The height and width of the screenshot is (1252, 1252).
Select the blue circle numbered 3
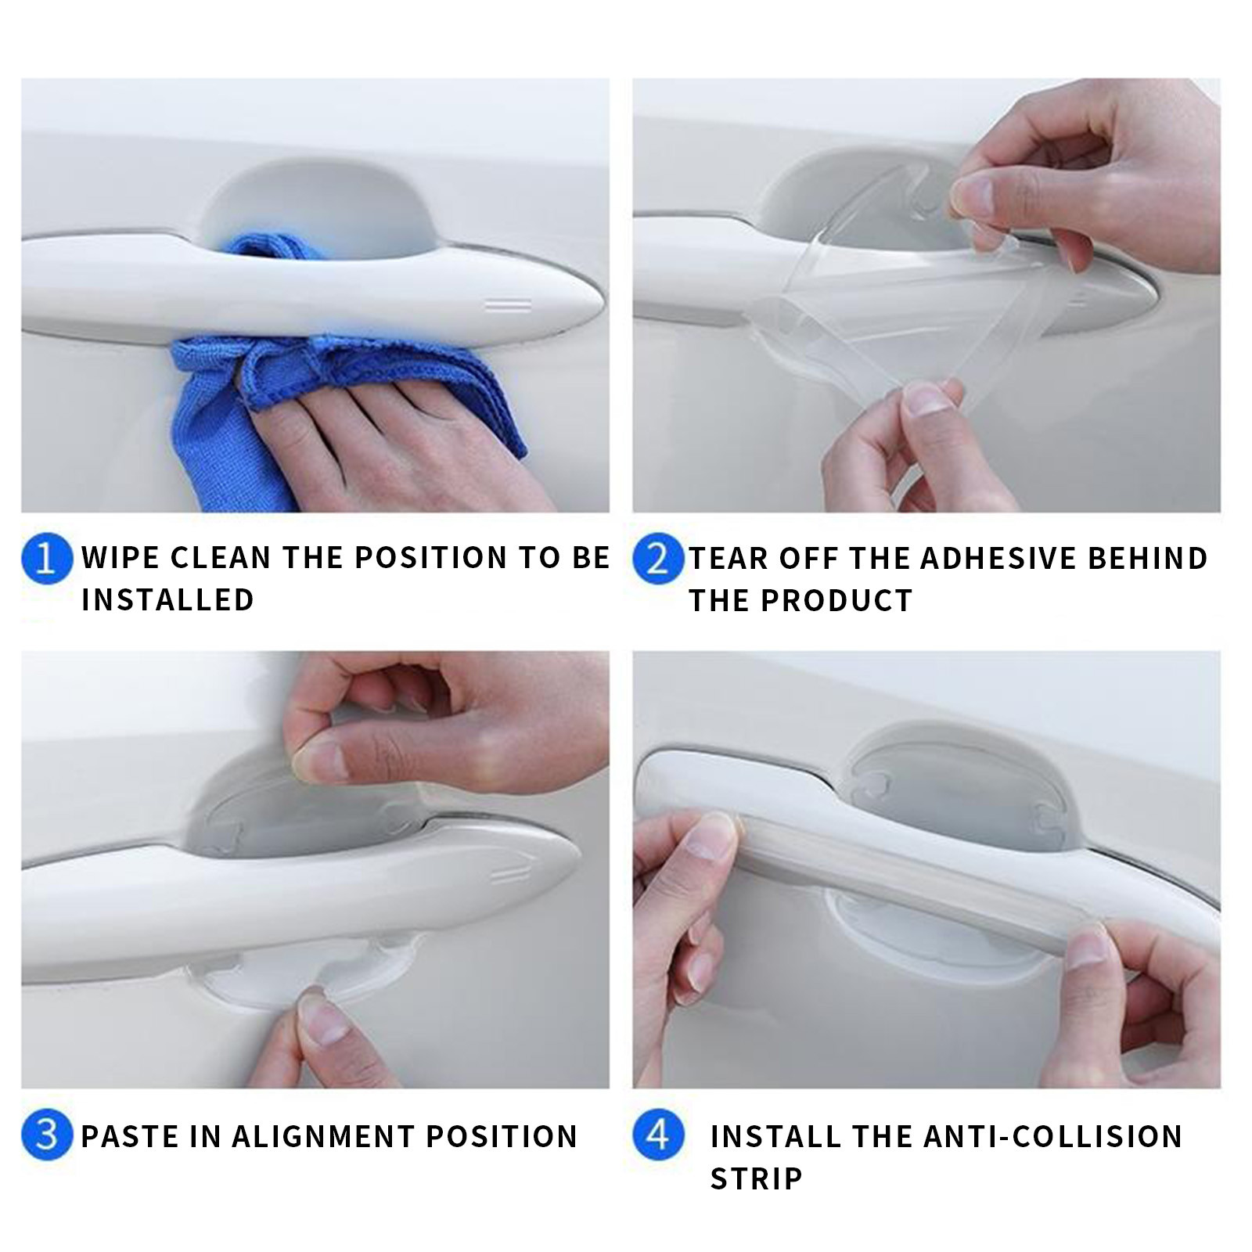coord(47,1136)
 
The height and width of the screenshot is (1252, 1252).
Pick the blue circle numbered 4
coord(658,1136)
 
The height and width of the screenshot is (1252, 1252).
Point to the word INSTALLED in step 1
coord(168,600)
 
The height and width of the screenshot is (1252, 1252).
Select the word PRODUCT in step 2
coord(837,600)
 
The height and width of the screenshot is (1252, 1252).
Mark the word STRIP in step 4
coord(757,1178)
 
